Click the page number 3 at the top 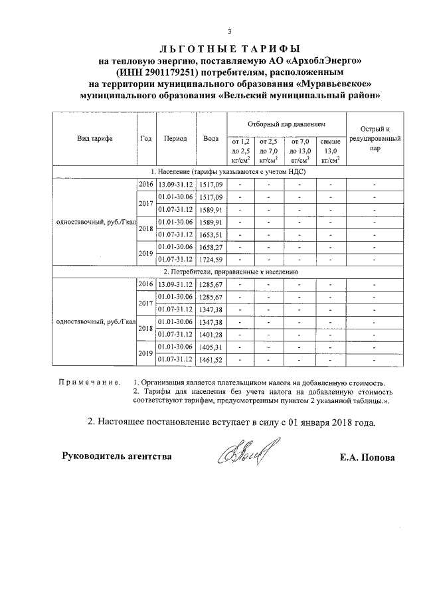pos(230,31)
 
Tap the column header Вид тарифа pos(94,139)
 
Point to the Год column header pos(145,139)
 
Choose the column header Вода pos(211,139)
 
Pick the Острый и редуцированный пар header pos(375,139)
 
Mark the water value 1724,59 pos(211,259)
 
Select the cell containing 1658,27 pos(211,246)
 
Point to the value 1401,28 pos(211,334)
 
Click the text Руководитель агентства pos(117,456)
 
